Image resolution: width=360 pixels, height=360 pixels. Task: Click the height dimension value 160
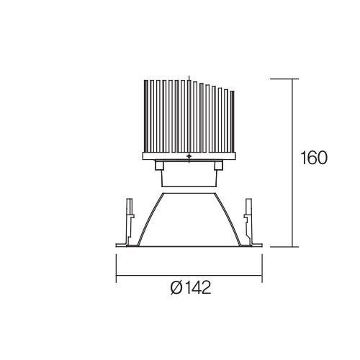click(314, 158)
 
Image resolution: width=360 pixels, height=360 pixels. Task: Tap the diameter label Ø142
click(191, 287)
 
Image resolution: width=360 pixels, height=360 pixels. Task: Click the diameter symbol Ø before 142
click(177, 287)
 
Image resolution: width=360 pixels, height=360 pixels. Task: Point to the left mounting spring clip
click(130, 221)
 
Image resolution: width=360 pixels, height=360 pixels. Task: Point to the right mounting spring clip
click(248, 221)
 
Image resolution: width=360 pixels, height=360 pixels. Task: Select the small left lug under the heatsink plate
click(158, 166)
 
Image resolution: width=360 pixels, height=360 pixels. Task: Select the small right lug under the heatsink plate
click(218, 166)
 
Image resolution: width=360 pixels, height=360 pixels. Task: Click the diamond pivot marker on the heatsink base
click(189, 156)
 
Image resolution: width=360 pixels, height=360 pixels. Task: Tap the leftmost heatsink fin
click(145, 116)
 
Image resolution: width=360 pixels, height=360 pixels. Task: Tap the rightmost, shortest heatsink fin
click(232, 122)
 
